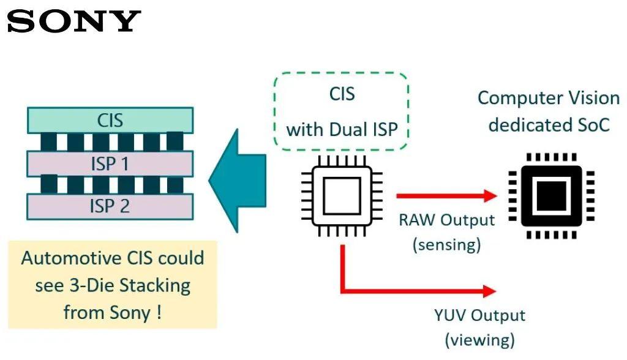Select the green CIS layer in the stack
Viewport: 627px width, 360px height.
110,120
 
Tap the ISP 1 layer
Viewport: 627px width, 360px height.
110,163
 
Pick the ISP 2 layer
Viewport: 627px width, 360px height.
110,206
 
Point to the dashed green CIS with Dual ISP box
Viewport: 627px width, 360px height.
341,111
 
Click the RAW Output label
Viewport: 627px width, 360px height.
446,220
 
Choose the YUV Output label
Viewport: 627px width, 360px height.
479,316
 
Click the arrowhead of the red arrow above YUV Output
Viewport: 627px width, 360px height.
490,292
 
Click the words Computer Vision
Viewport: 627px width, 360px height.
548,98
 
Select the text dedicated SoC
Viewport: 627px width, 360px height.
549,125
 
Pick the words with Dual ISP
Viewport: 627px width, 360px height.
342,130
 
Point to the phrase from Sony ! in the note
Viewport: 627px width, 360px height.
113,312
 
